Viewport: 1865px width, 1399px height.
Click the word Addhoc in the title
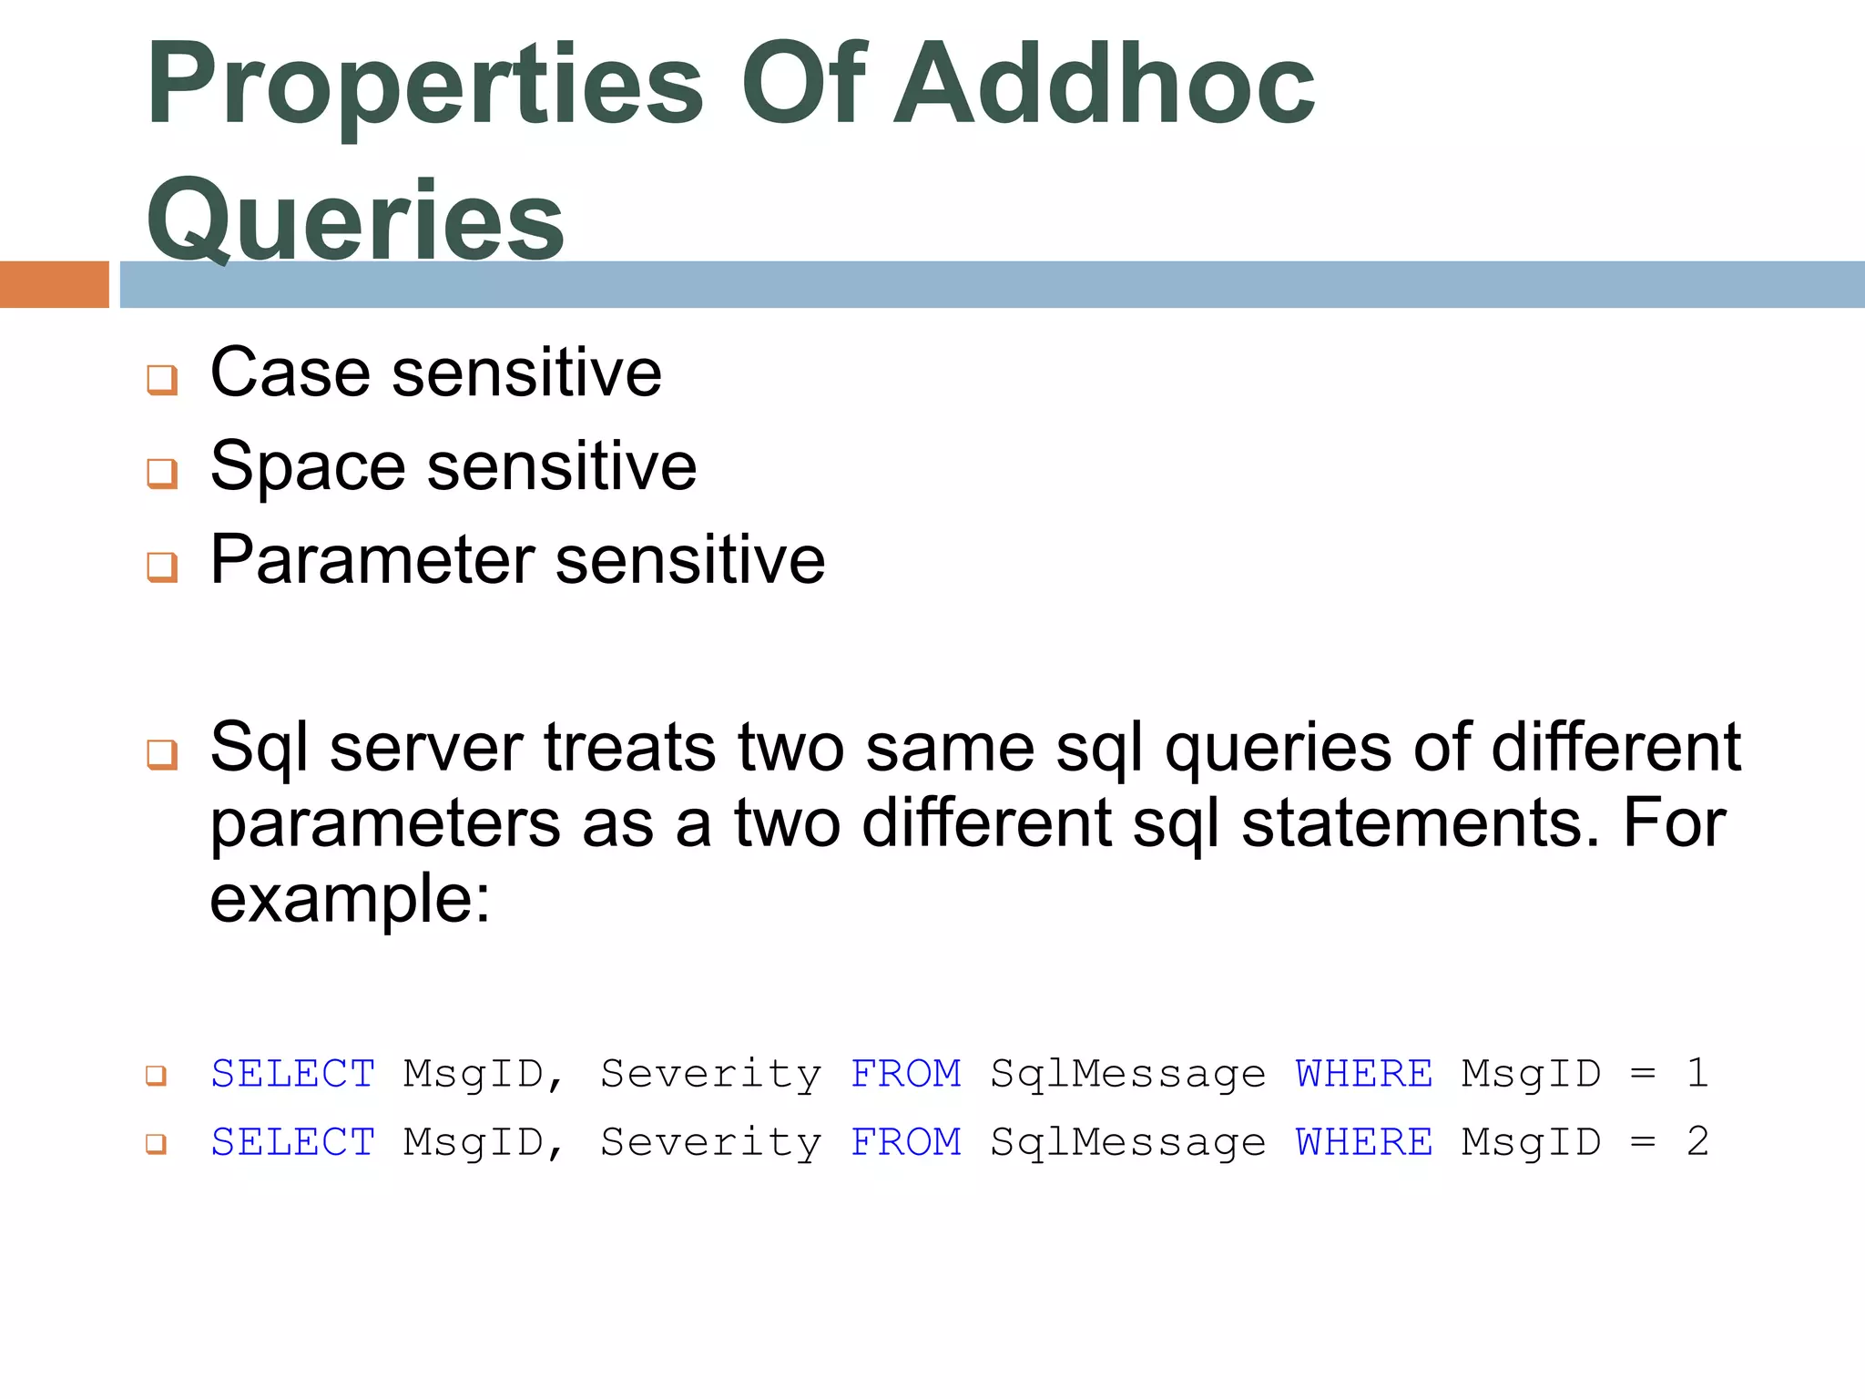click(x=1104, y=86)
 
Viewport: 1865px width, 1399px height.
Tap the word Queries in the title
click(x=355, y=221)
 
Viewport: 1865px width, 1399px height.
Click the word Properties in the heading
click(x=424, y=86)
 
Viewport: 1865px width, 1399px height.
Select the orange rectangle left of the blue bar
click(x=54, y=284)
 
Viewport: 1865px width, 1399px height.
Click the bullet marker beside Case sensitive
click(x=162, y=379)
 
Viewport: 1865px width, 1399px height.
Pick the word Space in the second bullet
click(x=307, y=466)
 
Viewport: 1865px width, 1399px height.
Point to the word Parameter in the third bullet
click(x=372, y=559)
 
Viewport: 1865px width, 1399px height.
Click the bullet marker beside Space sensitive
click(x=162, y=473)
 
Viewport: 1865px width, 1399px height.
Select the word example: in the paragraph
click(x=350, y=898)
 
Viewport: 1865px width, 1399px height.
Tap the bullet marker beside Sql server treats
click(x=162, y=754)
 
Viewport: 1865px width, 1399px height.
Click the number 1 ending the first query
click(x=1697, y=1073)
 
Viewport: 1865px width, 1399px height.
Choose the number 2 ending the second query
click(x=1697, y=1141)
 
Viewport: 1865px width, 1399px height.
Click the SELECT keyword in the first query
click(x=292, y=1074)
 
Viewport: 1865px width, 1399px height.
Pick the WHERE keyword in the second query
click(x=1363, y=1142)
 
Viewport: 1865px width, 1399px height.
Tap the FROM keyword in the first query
click(x=905, y=1074)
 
